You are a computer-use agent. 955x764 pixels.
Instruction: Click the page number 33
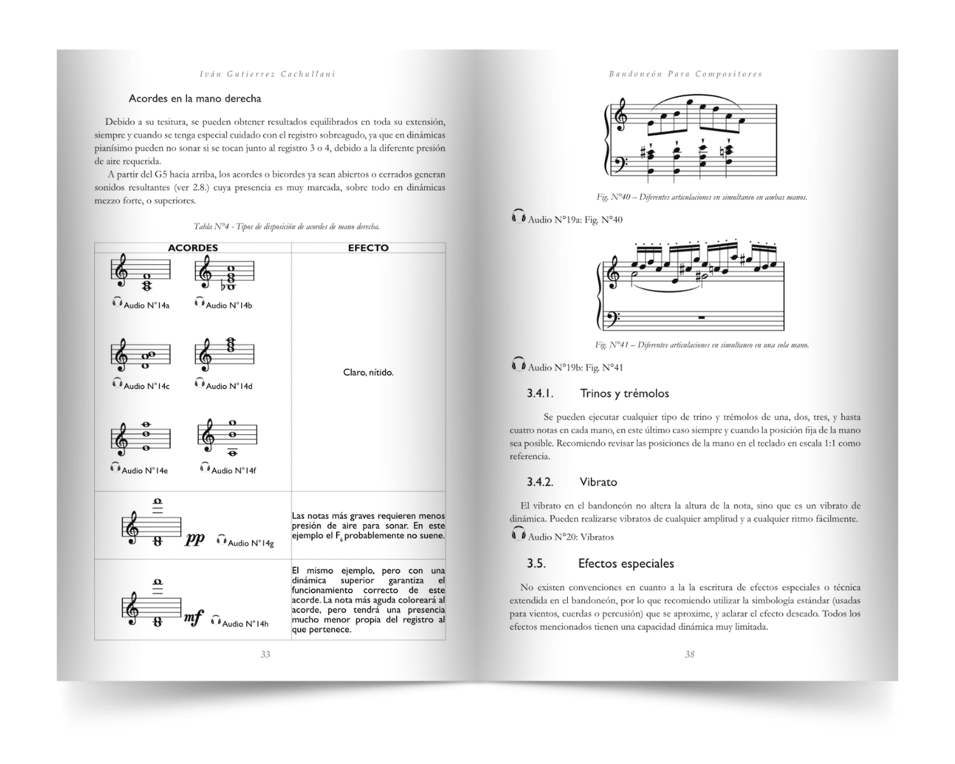point(265,654)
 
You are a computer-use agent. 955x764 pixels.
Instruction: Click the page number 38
point(690,654)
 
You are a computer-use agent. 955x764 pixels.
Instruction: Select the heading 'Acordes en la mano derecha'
point(195,99)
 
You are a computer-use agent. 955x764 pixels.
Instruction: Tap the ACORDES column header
point(192,248)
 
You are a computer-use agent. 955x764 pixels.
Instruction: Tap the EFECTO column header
point(368,248)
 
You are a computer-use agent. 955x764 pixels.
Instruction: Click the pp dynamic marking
point(195,539)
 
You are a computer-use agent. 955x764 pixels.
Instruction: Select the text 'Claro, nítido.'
point(368,372)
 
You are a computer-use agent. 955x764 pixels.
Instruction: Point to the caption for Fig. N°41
point(702,345)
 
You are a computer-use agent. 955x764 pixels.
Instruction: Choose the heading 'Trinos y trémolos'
point(624,393)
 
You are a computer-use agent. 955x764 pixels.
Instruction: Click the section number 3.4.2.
point(540,482)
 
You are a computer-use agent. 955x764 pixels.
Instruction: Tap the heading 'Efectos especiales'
point(626,563)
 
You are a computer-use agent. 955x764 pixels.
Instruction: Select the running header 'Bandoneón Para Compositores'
point(685,74)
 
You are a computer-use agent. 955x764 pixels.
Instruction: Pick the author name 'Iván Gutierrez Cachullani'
point(267,74)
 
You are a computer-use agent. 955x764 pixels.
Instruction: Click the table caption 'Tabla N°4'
point(287,227)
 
